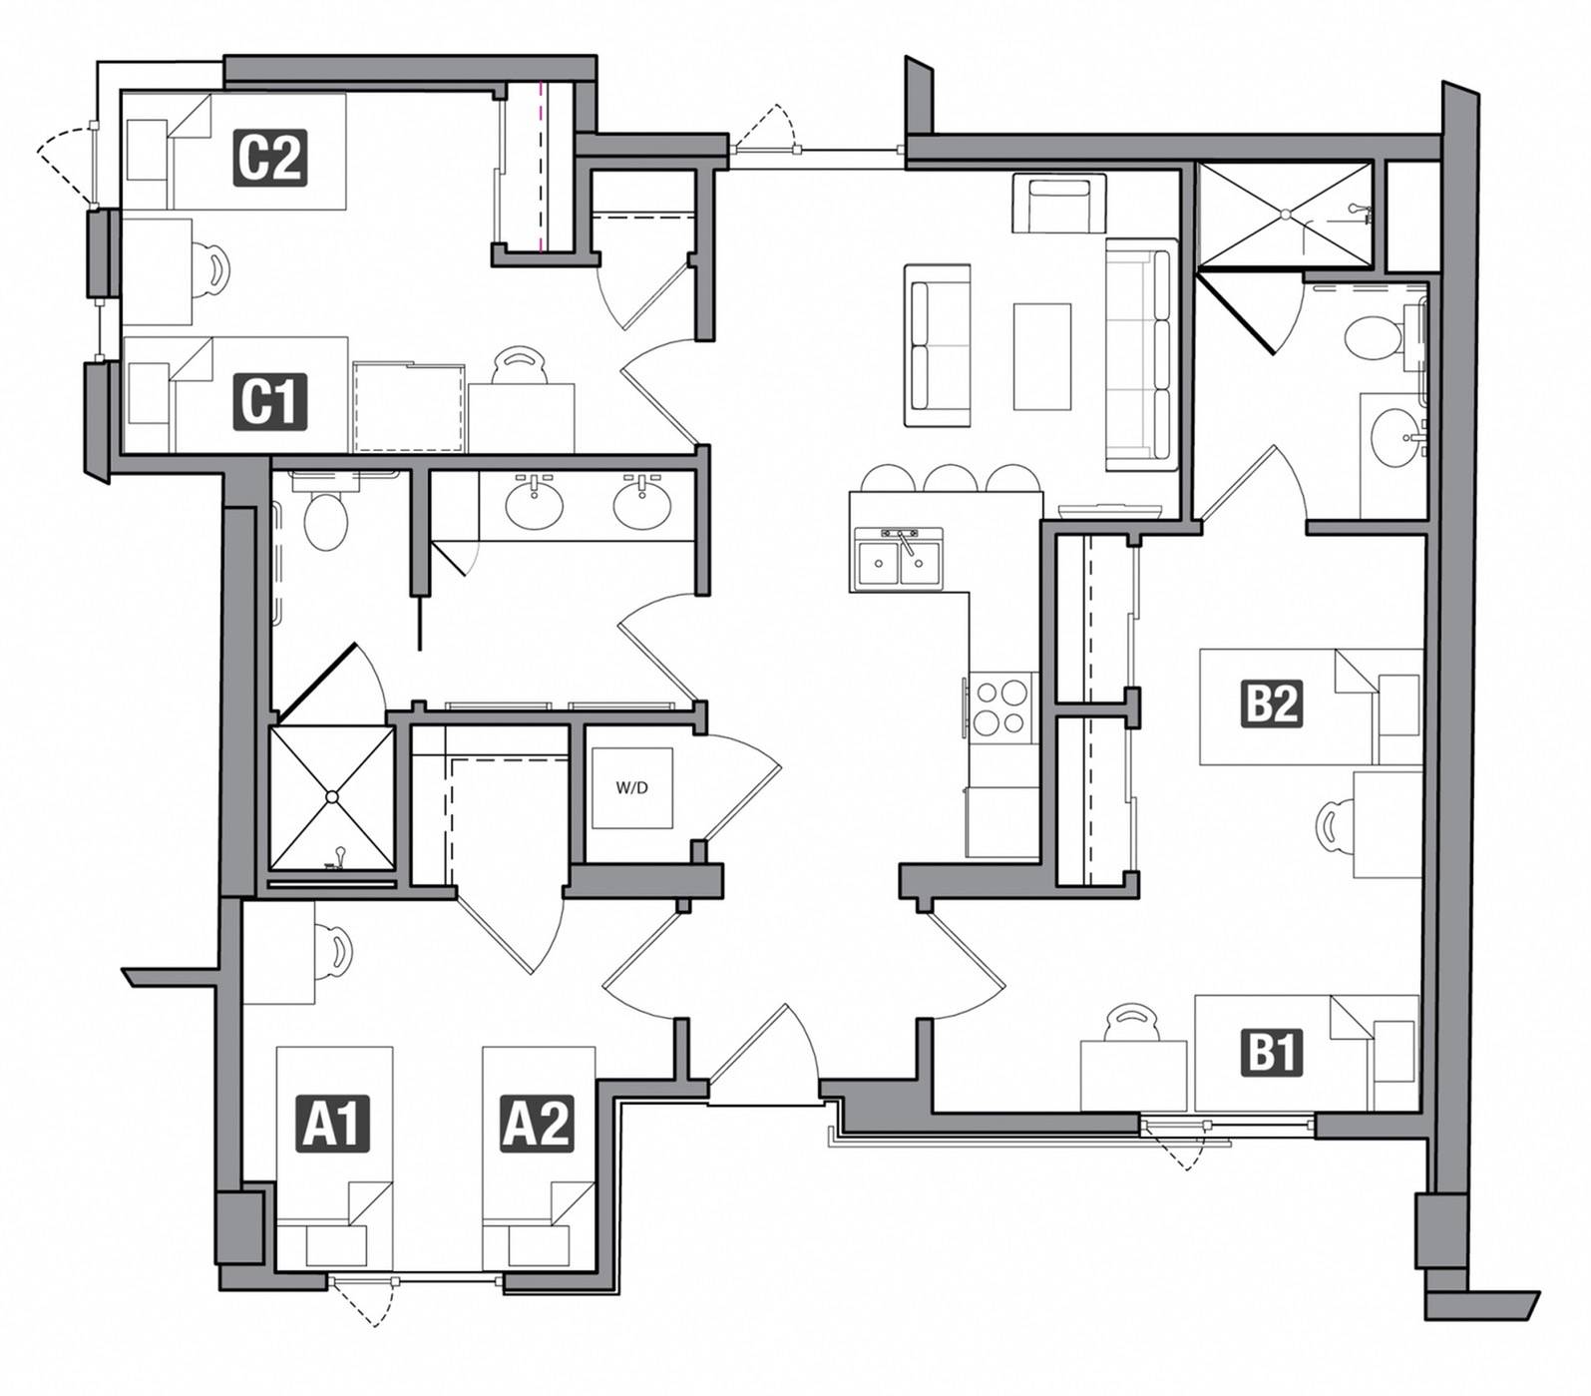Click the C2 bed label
coord(269,158)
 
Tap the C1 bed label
coord(269,401)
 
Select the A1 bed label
coord(335,1123)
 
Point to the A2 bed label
coord(537,1123)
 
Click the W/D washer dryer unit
coord(631,787)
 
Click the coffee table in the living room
coord(1042,356)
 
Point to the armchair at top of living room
coord(1058,204)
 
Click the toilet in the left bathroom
coord(325,519)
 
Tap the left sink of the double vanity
coord(535,505)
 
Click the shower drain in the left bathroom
coord(332,796)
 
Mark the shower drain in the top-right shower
coord(1287,214)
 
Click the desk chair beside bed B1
coord(1130,1024)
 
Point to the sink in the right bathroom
coord(1392,435)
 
